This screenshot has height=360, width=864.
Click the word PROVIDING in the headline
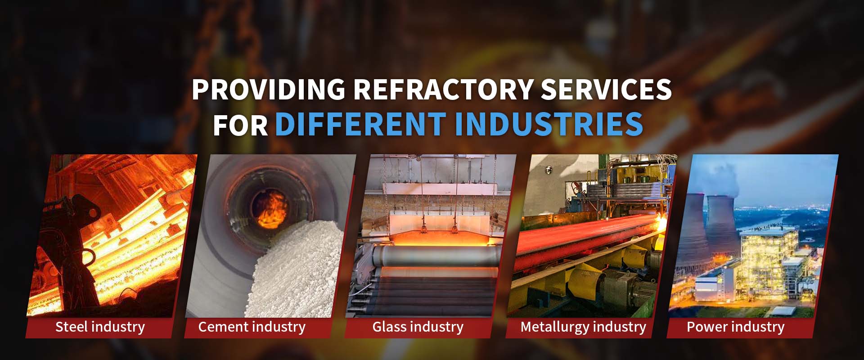pyautogui.click(x=268, y=89)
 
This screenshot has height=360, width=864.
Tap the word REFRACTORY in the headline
pyautogui.click(x=443, y=89)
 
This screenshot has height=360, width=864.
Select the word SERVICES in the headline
pyautogui.click(x=606, y=89)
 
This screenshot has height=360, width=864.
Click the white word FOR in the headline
pyautogui.click(x=240, y=125)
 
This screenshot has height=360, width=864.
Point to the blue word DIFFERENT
pyautogui.click(x=360, y=125)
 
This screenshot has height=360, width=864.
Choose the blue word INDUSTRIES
pyautogui.click(x=549, y=125)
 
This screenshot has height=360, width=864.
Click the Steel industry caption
pyautogui.click(x=100, y=327)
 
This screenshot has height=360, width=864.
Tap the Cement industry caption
pyautogui.click(x=252, y=327)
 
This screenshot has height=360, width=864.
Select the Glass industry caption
pyautogui.click(x=418, y=327)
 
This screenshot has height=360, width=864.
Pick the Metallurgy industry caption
pyautogui.click(x=583, y=327)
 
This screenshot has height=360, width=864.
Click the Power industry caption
pyautogui.click(x=735, y=327)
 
